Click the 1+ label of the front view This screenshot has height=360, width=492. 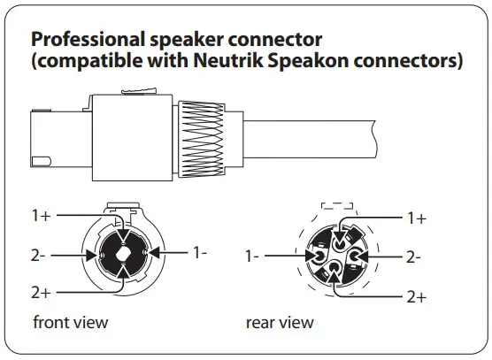point(42,216)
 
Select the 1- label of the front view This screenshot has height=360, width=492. point(200,252)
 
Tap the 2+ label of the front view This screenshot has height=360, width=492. point(42,293)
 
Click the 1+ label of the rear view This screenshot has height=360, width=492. point(417,218)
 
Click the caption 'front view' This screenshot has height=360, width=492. point(70,322)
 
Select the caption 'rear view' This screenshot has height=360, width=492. point(280,322)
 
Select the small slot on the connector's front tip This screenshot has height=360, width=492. point(42,161)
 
